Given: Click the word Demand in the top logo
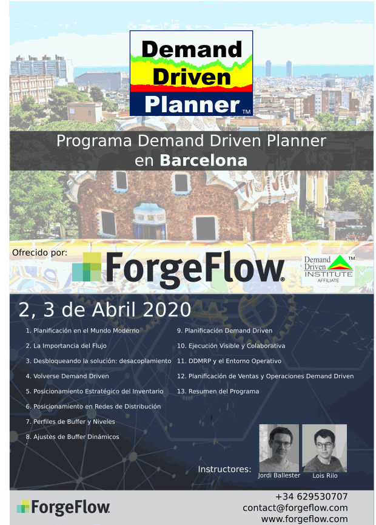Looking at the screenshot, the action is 192,49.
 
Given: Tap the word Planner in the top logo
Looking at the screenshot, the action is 192,104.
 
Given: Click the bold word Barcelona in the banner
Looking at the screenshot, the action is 203,160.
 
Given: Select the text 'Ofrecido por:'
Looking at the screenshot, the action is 40,252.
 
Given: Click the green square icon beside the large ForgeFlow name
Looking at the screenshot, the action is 87,267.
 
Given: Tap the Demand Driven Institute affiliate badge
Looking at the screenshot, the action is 328,269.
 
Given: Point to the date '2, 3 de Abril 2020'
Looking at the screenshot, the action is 105,310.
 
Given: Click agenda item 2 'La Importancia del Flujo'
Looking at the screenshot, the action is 66,346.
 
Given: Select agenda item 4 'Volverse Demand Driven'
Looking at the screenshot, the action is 67,376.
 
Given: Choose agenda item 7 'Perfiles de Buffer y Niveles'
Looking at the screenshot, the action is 70,422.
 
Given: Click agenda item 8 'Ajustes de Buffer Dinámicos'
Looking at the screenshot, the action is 72,436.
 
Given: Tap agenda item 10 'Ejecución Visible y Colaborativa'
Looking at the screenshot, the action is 231,346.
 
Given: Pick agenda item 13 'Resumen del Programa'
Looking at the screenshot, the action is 218,391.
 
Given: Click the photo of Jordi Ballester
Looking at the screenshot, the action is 279,448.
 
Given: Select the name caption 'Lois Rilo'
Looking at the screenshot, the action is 325,475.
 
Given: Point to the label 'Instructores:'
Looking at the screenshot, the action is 224,469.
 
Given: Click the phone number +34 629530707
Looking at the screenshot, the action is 312,496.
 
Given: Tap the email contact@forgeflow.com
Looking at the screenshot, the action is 295,508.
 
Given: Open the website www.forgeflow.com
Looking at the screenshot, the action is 304,519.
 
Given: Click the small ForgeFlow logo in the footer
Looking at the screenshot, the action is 63,507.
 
